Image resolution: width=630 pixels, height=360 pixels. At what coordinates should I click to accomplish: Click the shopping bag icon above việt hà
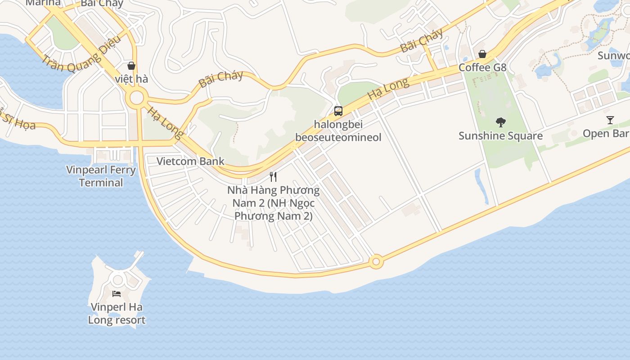[131, 66]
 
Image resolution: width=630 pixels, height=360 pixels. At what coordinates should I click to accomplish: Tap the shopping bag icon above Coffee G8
[482, 54]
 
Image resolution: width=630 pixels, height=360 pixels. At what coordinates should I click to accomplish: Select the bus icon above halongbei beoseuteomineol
[338, 111]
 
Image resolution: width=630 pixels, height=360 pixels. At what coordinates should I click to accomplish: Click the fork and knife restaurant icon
[273, 176]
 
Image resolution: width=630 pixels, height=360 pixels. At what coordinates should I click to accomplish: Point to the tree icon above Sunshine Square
[500, 122]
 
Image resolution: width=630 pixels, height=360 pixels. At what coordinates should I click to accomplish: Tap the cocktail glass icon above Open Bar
[610, 120]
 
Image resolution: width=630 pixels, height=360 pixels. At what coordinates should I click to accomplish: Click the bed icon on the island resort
[117, 294]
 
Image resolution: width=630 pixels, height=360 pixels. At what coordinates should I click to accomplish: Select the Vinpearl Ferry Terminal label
[101, 176]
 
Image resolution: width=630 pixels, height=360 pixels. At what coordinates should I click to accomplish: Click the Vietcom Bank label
[190, 161]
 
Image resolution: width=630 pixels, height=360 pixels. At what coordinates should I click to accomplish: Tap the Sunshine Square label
[500, 135]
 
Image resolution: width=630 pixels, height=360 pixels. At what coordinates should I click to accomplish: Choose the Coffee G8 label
[482, 67]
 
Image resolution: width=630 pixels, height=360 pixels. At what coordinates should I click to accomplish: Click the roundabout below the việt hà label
[136, 98]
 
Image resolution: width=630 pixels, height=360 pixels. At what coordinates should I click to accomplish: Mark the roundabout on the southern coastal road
[376, 261]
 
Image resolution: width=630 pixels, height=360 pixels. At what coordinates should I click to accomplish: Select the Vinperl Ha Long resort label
[117, 314]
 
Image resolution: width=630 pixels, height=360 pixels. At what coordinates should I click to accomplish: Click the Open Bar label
[606, 134]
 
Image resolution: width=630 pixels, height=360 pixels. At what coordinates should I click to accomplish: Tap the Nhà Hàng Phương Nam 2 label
[273, 203]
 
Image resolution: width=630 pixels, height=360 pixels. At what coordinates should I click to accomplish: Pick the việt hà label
[131, 79]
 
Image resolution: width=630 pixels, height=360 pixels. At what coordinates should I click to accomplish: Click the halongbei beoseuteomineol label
[338, 130]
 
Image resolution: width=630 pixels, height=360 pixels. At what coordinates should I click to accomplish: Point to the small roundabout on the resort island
[118, 279]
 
